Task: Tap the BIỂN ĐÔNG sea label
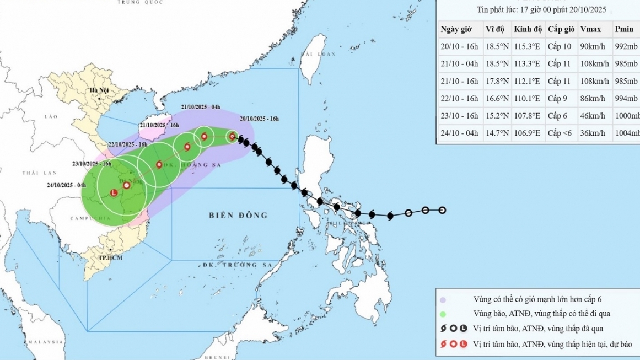pos(238,215)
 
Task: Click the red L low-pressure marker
pos(114,193)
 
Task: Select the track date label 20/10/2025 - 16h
pos(259,119)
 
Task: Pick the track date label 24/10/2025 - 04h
pos(66,185)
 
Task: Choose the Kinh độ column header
pos(527,29)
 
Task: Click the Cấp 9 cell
pos(558,98)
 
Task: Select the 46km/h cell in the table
pos(594,116)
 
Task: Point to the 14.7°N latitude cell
pos(497,133)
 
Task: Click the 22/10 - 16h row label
pos(459,98)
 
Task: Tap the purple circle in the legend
pos(443,299)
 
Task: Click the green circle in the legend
pos(443,314)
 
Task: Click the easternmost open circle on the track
pos(442,210)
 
